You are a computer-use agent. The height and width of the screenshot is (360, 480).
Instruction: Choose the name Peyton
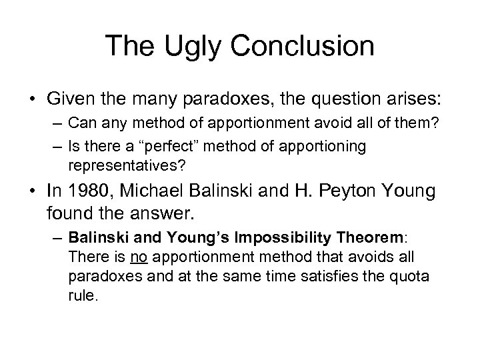tap(346, 193)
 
